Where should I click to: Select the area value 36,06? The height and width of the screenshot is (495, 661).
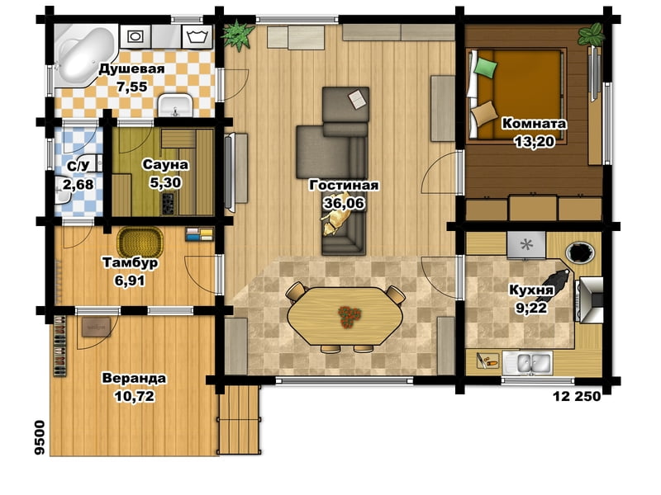[344, 203]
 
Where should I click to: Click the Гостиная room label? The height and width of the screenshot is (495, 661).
[344, 185]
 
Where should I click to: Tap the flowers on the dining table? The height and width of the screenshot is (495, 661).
[350, 317]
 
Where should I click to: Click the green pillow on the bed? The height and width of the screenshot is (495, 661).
[486, 67]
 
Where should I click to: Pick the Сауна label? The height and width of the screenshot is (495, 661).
[164, 164]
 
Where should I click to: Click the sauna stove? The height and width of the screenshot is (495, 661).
[169, 202]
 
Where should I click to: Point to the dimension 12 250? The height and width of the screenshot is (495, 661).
[576, 396]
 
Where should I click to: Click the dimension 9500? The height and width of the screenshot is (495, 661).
[39, 437]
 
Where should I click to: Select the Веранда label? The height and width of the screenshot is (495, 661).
[134, 378]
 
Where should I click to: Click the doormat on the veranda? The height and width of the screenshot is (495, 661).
[96, 327]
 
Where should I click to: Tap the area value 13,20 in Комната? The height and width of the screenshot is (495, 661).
[534, 141]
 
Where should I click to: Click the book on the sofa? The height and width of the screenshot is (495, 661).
[359, 99]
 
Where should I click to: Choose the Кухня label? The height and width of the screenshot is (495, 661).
[530, 290]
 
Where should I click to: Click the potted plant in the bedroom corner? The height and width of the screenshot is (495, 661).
[591, 34]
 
